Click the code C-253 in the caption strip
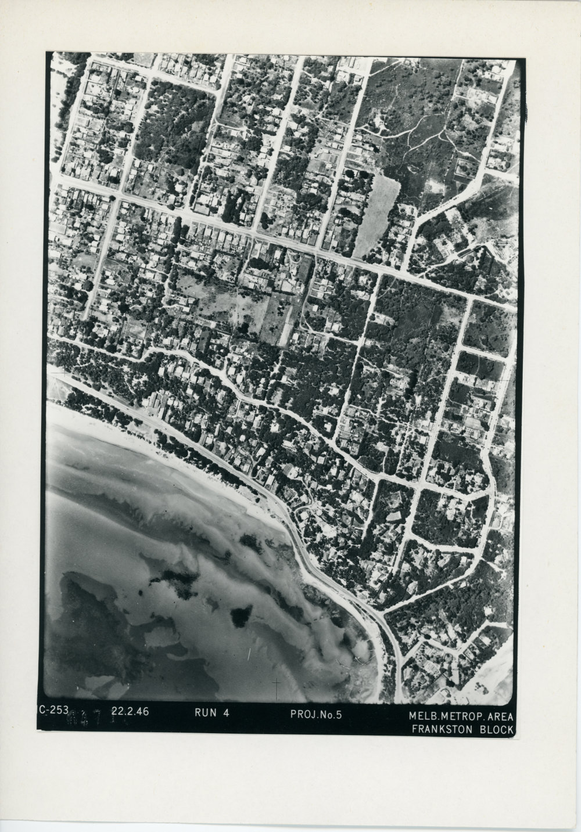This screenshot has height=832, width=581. (54, 709)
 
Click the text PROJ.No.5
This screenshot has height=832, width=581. (315, 714)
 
